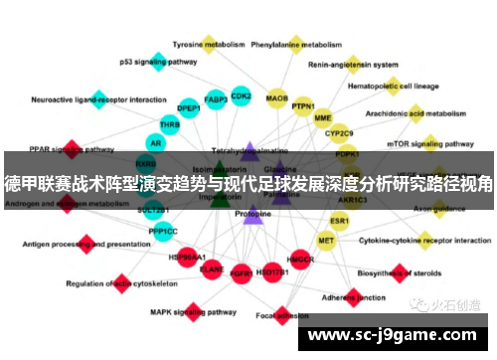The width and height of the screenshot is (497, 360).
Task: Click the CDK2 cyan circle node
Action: click(241, 96)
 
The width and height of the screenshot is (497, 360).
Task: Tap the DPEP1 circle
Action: click(188, 107)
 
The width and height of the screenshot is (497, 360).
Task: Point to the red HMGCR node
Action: click(300, 261)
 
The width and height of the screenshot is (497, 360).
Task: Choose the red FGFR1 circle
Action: click(241, 271)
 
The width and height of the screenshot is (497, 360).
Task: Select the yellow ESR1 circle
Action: click(340, 220)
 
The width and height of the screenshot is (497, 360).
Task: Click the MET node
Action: click(326, 240)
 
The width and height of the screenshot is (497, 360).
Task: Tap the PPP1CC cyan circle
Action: click(163, 232)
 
